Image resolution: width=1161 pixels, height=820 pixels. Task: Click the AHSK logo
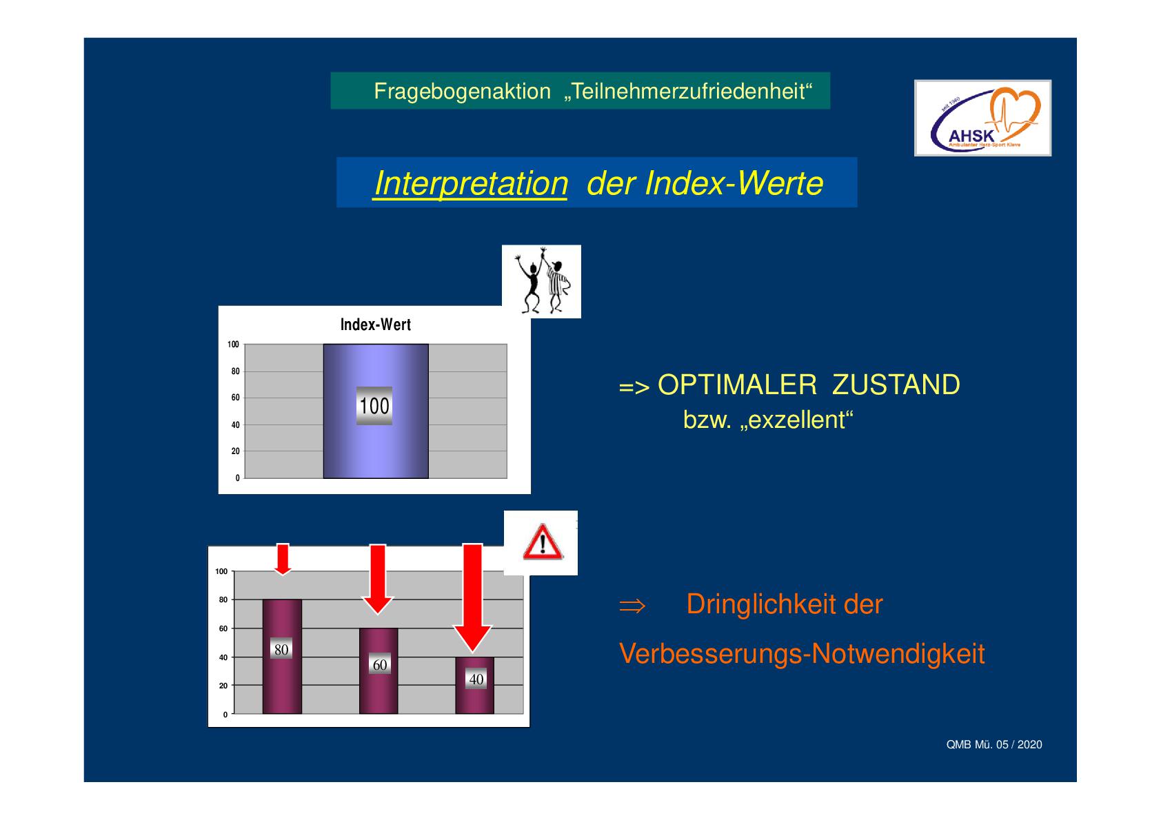click(982, 118)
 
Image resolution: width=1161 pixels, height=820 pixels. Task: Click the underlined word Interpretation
click(471, 183)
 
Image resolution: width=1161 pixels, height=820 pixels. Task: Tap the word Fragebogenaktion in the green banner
click(462, 92)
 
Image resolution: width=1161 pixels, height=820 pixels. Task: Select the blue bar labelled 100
click(376, 411)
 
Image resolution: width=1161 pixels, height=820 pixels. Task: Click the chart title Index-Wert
click(375, 325)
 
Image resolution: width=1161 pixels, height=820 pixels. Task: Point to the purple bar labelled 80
click(282, 656)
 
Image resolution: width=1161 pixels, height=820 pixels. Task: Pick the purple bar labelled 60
click(378, 670)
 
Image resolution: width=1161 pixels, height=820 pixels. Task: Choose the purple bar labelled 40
click(475, 686)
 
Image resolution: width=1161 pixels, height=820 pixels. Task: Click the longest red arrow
click(472, 597)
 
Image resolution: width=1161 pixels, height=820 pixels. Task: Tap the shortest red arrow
click(283, 559)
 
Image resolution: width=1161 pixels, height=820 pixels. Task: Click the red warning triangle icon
click(542, 542)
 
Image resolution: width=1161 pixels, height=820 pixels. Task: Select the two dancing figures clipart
click(542, 281)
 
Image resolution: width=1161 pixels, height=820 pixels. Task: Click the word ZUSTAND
click(896, 385)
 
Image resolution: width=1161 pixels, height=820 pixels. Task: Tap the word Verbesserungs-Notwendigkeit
click(802, 654)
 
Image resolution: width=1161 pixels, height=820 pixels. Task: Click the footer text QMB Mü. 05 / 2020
click(993, 744)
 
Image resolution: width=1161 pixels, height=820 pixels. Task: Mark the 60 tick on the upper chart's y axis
click(235, 398)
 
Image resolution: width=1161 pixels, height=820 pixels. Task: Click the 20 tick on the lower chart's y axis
click(223, 686)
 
